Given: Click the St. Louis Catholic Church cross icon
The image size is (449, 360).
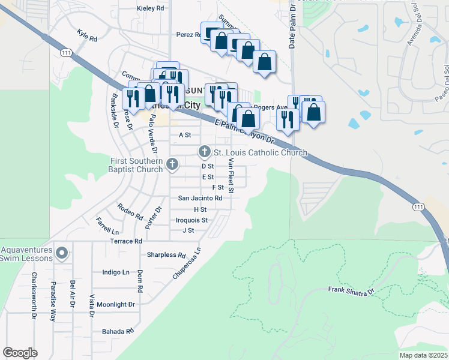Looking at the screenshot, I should (x=204, y=152).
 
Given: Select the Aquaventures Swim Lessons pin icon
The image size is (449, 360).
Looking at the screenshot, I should (x=61, y=253).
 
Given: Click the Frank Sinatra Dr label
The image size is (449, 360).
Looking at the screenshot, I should (x=351, y=290).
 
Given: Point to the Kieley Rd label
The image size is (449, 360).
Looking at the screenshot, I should (x=150, y=8).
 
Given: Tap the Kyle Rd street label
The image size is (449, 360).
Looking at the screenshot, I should (x=87, y=35).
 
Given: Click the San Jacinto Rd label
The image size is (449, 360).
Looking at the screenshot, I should (x=200, y=197).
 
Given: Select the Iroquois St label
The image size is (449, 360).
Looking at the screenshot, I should (x=191, y=220).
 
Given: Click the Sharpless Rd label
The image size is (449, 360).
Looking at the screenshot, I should (x=166, y=255).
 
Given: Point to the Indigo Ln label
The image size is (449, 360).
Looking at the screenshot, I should (x=116, y=272).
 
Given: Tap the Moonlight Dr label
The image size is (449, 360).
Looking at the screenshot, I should (x=116, y=304).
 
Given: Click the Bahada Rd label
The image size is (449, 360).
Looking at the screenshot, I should (x=117, y=331).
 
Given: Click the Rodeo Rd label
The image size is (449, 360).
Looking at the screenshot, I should (x=130, y=211).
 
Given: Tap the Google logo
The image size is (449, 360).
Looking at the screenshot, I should (x=20, y=353).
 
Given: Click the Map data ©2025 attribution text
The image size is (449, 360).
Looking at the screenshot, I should (x=422, y=355).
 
